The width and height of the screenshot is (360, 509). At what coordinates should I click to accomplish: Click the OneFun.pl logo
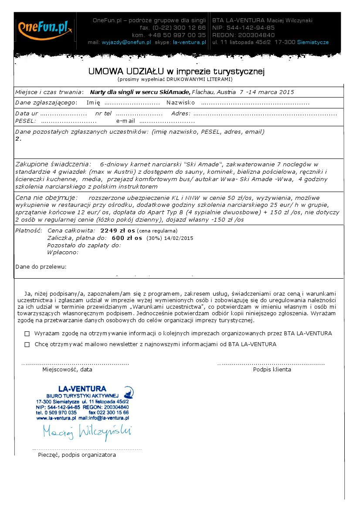click(45, 28)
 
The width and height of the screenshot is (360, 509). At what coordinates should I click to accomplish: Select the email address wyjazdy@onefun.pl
click(126, 43)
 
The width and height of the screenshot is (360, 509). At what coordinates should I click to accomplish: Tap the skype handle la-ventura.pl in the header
click(189, 43)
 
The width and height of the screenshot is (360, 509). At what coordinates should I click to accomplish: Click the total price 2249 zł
click(114, 230)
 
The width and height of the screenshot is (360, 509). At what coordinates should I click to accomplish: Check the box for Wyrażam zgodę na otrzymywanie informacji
click(27, 334)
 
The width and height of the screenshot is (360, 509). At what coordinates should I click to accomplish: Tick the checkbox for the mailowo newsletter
click(27, 344)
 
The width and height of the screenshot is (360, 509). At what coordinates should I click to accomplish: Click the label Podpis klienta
click(272, 370)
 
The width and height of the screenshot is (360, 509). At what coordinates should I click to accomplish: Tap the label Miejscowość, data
click(67, 370)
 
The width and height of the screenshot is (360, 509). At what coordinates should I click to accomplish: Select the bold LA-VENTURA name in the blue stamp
click(82, 388)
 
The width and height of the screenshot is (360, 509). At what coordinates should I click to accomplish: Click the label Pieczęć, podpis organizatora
click(77, 455)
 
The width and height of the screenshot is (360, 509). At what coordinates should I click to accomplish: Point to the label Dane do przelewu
click(41, 266)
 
